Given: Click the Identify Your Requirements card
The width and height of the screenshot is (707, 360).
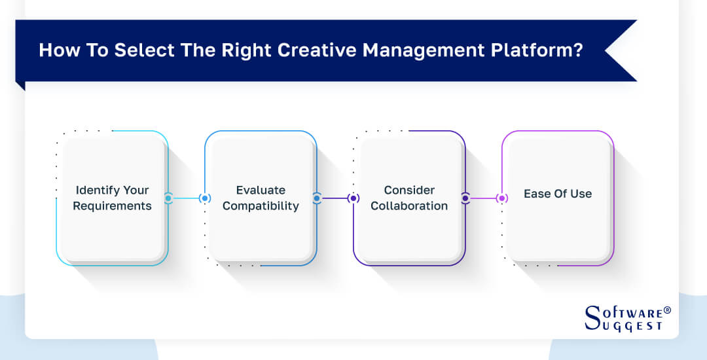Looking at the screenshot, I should tap(112, 198).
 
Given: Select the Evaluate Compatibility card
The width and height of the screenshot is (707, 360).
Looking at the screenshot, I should tap(261, 198).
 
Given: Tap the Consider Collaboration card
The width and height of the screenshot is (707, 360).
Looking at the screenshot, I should tap(409, 198).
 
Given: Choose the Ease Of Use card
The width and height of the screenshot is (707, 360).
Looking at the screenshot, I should tap(558, 198).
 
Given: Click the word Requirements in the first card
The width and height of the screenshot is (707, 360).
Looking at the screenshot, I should tap(112, 206).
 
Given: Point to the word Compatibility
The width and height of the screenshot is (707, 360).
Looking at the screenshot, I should tap(261, 206).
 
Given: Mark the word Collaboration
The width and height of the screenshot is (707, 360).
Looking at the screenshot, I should tap(409, 206).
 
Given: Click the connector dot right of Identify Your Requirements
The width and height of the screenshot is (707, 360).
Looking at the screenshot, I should tap(168, 198).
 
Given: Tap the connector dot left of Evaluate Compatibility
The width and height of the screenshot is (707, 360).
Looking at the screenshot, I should tap(205, 198).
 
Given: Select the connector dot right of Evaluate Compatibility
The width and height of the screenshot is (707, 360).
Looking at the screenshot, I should tap(317, 198).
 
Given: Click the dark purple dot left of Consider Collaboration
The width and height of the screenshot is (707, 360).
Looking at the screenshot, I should tap(353, 198).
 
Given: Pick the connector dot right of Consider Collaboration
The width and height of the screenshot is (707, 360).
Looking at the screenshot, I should tap(465, 198).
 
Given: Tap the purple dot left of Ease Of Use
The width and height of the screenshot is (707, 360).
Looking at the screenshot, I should tap(502, 198).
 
